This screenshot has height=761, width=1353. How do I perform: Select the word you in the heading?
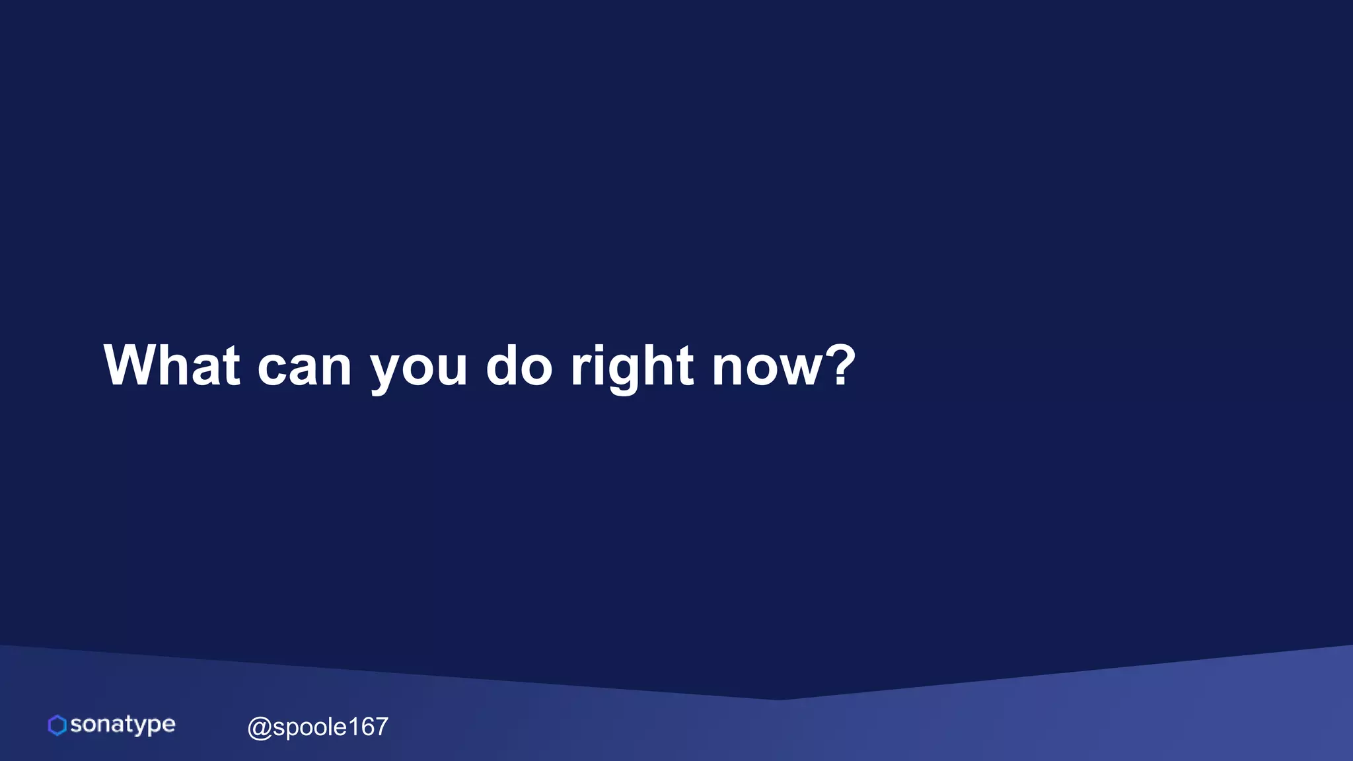418,370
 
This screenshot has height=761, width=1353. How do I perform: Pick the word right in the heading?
632,367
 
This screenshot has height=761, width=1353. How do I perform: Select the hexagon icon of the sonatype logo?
57,725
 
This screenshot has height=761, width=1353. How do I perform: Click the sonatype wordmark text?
123,725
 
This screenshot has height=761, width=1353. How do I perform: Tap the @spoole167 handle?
318,727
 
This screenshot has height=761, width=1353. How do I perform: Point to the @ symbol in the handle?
259,728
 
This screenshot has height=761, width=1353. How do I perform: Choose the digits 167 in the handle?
368,727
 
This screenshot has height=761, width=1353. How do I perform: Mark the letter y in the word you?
387,373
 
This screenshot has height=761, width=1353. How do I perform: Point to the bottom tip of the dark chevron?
778,699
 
